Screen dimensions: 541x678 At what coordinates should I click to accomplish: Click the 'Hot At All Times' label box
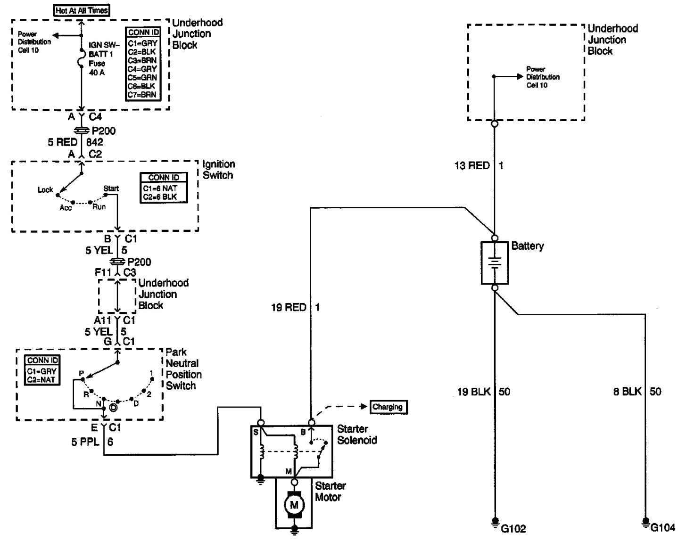(x=82, y=10)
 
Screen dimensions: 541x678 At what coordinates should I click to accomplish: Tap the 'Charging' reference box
(x=388, y=407)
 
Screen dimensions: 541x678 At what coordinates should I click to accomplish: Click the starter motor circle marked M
(x=294, y=505)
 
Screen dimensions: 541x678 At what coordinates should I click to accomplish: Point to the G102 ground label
(x=513, y=529)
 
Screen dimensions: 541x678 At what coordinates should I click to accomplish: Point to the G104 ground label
(x=663, y=527)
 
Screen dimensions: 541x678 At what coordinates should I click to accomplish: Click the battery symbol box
(x=495, y=263)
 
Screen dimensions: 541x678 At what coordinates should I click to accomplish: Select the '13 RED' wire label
(x=472, y=166)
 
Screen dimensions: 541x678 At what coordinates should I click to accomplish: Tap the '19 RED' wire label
(x=289, y=308)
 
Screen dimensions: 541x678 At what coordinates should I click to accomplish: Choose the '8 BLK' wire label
(x=627, y=392)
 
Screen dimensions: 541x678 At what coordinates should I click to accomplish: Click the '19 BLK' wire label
(x=474, y=392)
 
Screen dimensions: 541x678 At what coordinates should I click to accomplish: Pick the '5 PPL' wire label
(x=85, y=442)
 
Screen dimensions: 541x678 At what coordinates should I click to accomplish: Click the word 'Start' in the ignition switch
(x=111, y=189)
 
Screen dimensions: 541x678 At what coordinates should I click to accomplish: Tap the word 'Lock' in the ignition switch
(x=45, y=190)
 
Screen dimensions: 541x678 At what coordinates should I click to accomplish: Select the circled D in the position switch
(x=113, y=408)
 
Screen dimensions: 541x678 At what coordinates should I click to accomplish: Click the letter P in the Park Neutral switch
(x=82, y=374)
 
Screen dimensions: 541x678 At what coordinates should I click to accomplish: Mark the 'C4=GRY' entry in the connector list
(x=143, y=69)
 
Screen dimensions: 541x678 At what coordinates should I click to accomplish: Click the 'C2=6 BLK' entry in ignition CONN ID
(x=160, y=197)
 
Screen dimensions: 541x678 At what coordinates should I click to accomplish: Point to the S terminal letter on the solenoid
(x=255, y=432)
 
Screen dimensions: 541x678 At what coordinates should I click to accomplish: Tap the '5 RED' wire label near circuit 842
(x=62, y=142)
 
